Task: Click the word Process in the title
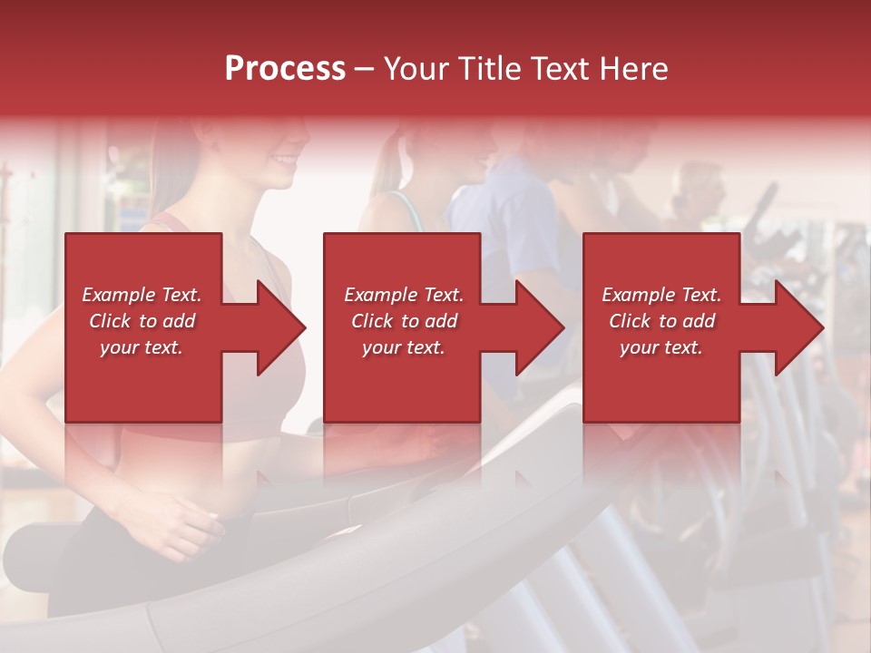[285, 69]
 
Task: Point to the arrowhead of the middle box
[538, 327]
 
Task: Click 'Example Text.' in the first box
[142, 295]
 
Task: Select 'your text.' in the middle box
[404, 347]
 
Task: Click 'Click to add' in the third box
[661, 321]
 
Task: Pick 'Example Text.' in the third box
[661, 295]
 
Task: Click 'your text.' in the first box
[142, 347]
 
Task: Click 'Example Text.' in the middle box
[404, 295]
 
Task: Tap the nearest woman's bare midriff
[172, 467]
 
